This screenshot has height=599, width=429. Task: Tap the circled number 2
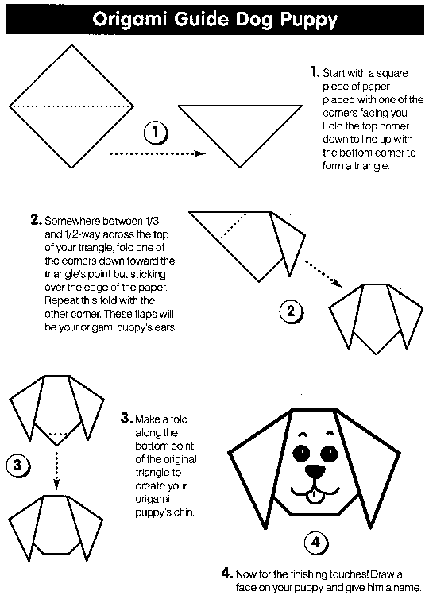click(292, 311)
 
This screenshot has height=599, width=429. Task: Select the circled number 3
click(17, 466)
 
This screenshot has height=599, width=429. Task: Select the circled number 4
click(315, 543)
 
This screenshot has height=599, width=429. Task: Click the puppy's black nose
click(315, 470)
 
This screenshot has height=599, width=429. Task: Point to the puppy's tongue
click(316, 498)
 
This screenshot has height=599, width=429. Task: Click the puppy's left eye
click(302, 454)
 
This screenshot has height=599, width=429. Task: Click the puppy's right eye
click(329, 454)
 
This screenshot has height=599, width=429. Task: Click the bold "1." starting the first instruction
click(315, 72)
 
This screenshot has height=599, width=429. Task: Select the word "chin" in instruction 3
click(181, 512)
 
